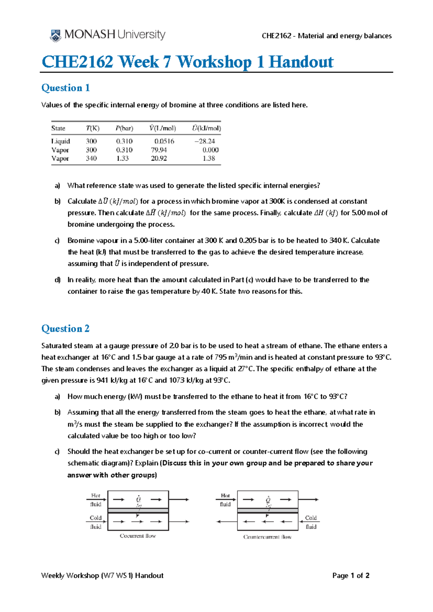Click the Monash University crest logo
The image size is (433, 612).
[x=55, y=36]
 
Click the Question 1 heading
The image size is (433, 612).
[x=65, y=88]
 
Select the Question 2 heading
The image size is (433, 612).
[x=65, y=328]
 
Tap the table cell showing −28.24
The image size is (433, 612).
[x=205, y=141]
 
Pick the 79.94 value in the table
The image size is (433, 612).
[x=159, y=150]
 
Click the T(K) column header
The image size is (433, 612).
[x=92, y=128]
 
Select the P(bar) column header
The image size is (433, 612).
[x=124, y=128]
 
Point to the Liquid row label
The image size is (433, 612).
[x=60, y=141]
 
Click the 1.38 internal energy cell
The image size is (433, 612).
[x=209, y=158]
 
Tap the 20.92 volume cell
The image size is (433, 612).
[x=159, y=158]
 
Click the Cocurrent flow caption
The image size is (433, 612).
[x=137, y=536]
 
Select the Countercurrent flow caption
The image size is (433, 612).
[x=267, y=537]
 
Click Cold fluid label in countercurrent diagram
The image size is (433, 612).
[x=311, y=522]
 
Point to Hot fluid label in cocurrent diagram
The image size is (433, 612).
[x=96, y=500]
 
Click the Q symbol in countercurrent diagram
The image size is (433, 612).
[x=268, y=500]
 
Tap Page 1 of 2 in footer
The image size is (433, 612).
[x=351, y=576]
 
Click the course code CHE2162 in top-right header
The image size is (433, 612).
[x=276, y=36]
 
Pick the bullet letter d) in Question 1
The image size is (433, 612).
[x=57, y=280]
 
